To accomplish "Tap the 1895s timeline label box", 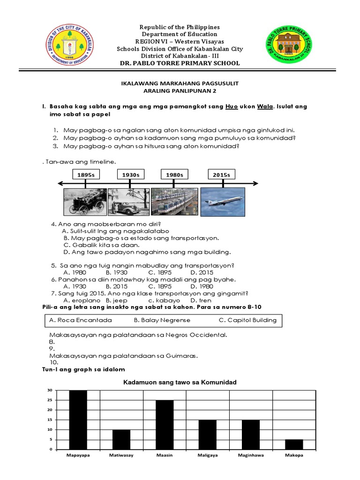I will [x=86, y=175].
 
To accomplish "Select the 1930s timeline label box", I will [x=131, y=175].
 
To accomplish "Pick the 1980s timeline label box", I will [x=174, y=175].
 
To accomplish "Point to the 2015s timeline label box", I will [x=222, y=175].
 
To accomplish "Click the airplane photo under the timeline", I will [x=223, y=202].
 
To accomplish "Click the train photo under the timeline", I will [x=174, y=202].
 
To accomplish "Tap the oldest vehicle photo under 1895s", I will [x=85, y=202].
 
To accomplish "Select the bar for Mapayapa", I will [x=78, y=420].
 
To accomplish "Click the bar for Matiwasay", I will [x=121, y=439].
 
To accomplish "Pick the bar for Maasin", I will [x=165, y=425].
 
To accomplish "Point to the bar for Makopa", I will [x=294, y=444].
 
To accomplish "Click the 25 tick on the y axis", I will [x=49, y=400].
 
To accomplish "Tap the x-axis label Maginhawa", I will [x=251, y=455].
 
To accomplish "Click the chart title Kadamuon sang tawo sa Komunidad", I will [x=180, y=382].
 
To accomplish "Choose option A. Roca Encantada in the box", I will [x=80, y=321].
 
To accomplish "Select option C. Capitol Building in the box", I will [x=247, y=321].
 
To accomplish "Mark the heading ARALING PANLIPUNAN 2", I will [x=180, y=91].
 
